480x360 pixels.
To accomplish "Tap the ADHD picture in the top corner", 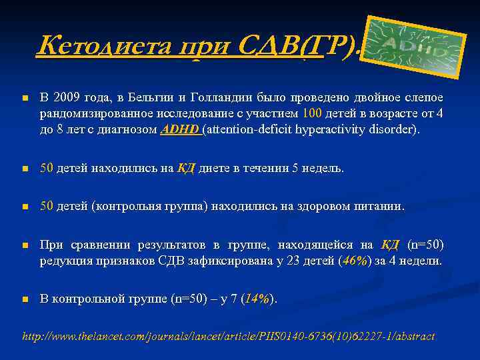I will pyautogui.click(x=417, y=44).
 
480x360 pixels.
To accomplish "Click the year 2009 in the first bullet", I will pyautogui.click(x=67, y=99).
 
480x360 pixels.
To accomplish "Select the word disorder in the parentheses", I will pyautogui.click(x=394, y=129).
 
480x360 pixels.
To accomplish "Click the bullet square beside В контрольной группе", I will pyautogui.click(x=25, y=300).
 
